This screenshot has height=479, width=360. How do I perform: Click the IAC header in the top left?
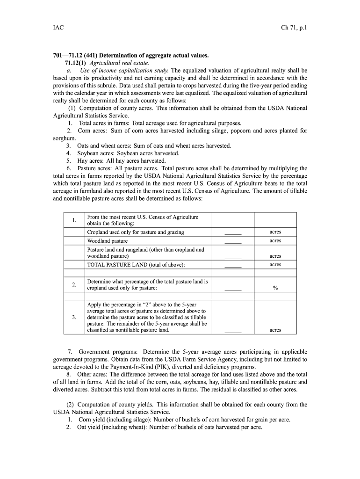click(x=58, y=28)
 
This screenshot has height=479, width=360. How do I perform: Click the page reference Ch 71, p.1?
click(x=291, y=28)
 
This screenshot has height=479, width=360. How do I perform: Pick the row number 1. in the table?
click(x=74, y=220)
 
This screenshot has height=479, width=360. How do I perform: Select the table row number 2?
click(x=74, y=284)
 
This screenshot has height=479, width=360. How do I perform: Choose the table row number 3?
click(x=74, y=317)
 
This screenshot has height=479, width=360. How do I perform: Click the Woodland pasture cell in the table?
click(x=107, y=241)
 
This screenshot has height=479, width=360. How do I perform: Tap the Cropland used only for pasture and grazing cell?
click(x=136, y=232)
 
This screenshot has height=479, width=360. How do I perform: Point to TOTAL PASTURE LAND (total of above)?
click(x=136, y=265)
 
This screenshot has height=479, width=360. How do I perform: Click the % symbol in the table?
click(x=275, y=288)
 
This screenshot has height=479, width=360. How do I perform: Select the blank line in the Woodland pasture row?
click(x=232, y=242)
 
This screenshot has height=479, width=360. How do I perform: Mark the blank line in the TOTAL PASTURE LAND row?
click(x=232, y=266)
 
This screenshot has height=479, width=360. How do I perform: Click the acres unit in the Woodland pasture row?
click(x=275, y=240)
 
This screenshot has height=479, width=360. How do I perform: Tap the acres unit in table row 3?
click(x=275, y=330)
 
